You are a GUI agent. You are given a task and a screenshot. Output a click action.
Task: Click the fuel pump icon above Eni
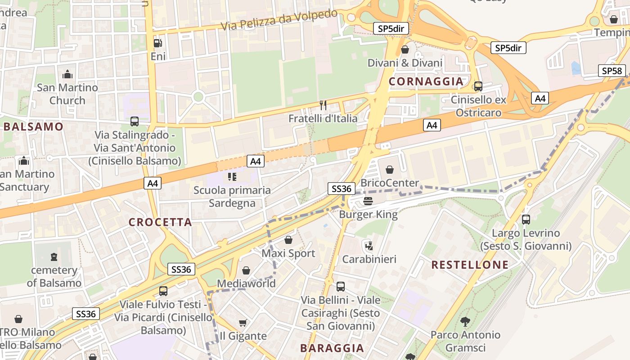pos(157,43)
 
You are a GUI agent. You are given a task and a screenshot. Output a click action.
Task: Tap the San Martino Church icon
pos(67,74)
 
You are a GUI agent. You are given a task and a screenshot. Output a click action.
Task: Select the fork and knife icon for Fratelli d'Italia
pos(323,105)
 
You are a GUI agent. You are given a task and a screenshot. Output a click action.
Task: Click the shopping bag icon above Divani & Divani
pos(405,49)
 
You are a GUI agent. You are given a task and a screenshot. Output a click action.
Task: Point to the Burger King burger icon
pos(368,201)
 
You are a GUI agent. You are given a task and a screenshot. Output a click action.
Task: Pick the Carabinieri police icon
pos(369,246)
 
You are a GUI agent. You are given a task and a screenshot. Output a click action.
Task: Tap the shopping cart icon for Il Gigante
pos(243,322)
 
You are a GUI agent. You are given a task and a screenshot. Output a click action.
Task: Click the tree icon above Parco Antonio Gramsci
pos(465,321)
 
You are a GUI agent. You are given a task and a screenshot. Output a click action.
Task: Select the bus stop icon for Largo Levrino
pos(526,220)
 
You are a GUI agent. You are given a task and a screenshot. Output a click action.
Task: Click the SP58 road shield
pos(612,71)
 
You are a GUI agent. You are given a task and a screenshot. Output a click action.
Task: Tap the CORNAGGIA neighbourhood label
pos(426,81)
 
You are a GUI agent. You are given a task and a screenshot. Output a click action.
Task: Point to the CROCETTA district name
pos(160,222)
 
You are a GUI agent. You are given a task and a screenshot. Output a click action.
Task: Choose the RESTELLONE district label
pos(470,265)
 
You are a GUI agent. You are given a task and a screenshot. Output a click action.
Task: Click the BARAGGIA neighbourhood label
pos(332,348)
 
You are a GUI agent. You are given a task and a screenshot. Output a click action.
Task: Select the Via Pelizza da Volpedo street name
pos(279,21)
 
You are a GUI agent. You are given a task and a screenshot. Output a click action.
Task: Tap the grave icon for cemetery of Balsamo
pos(54,257)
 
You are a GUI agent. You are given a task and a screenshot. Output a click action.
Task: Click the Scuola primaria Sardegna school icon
pos(232,176)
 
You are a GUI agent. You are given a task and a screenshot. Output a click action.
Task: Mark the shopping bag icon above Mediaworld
pos(246,270)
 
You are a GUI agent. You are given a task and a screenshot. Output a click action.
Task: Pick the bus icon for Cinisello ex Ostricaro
pos(478,86)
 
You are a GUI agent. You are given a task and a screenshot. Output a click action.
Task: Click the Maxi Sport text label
pos(288,253)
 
